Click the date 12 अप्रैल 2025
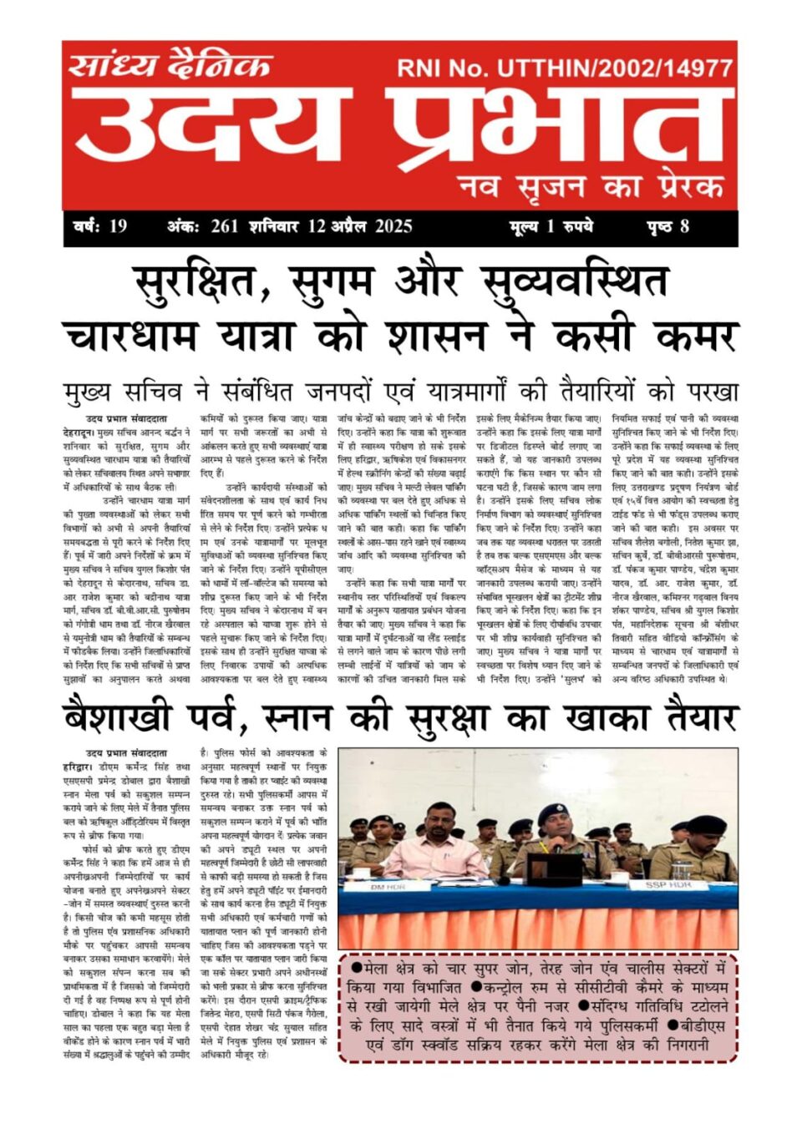360,226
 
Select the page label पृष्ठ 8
668,226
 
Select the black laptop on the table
556,866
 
